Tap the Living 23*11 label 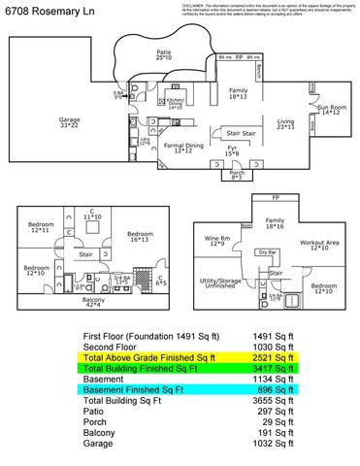285,123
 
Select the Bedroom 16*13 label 140,236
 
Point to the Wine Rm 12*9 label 217,240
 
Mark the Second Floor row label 104,347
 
